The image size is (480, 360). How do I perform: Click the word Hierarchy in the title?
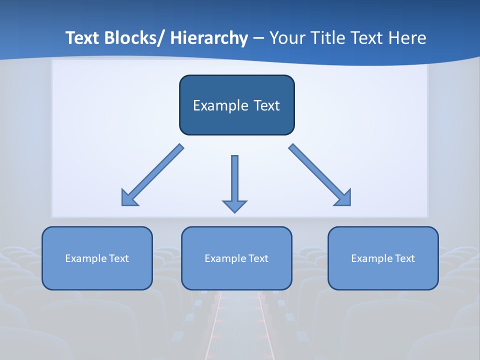click(x=209, y=38)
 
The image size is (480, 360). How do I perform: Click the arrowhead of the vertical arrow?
click(x=234, y=206)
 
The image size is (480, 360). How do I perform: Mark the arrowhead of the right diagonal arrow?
click(x=344, y=198)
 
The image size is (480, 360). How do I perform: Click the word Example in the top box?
click(x=216, y=105)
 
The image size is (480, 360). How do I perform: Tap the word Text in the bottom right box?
click(x=404, y=258)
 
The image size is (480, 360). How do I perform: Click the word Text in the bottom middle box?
click(x=258, y=258)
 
